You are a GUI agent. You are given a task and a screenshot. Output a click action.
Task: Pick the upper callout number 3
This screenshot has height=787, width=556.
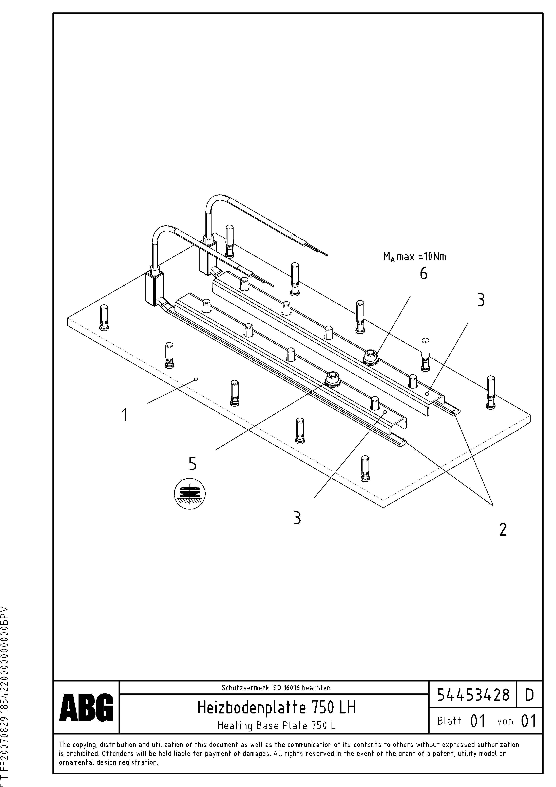(x=481, y=300)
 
